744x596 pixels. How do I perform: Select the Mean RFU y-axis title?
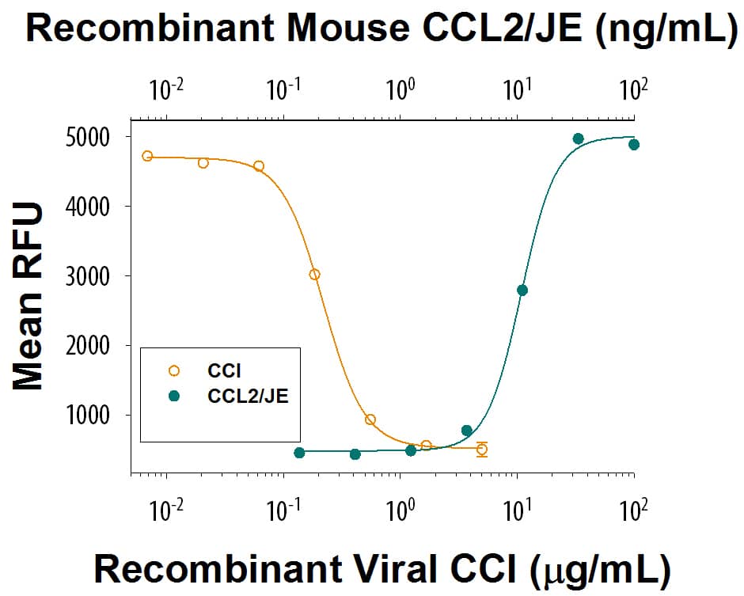pyautogui.click(x=28, y=296)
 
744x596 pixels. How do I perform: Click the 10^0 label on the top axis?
pyautogui.click(x=400, y=89)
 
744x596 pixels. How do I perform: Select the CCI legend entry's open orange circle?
pyautogui.click(x=175, y=370)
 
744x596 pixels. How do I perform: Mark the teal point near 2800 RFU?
pyautogui.click(x=522, y=290)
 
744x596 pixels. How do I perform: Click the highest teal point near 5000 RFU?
pyautogui.click(x=578, y=139)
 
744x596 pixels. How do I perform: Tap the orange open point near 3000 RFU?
pyautogui.click(x=314, y=275)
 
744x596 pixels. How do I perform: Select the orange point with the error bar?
pyautogui.click(x=481, y=450)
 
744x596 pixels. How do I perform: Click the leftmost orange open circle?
pyautogui.click(x=147, y=156)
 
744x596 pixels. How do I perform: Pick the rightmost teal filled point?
pyautogui.click(x=633, y=145)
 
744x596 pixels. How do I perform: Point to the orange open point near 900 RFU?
pyautogui.click(x=370, y=419)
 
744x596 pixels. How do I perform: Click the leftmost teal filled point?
pyautogui.click(x=299, y=453)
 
